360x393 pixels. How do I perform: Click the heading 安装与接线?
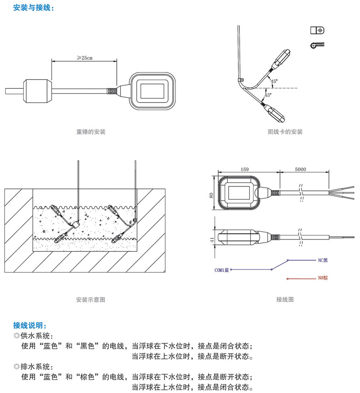[x=33, y=8]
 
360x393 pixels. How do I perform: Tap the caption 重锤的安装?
[x=91, y=132]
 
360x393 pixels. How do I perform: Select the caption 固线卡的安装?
[x=285, y=132]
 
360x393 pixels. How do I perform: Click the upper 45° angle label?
[x=274, y=81]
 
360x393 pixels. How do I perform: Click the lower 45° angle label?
[x=268, y=95]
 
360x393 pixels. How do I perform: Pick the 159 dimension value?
[x=244, y=169]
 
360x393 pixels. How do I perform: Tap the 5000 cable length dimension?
[x=300, y=169]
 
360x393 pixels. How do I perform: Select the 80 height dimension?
[x=212, y=195]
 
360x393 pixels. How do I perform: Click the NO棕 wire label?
[x=323, y=278]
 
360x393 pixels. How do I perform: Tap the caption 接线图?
[x=285, y=299]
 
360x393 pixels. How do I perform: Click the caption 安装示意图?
[x=91, y=299]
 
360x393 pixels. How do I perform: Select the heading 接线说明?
[x=30, y=326]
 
